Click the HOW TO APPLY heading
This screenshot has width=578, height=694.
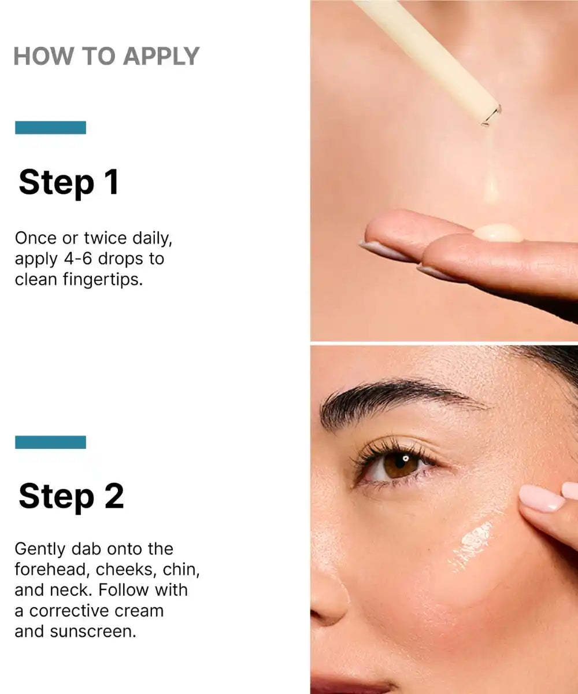pyautogui.click(x=106, y=57)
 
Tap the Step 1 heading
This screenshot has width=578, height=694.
pyautogui.click(x=69, y=182)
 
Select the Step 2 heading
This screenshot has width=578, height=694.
pyautogui.click(x=71, y=496)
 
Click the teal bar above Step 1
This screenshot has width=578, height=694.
pyautogui.click(x=50, y=128)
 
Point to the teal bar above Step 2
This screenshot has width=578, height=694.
pyautogui.click(x=50, y=442)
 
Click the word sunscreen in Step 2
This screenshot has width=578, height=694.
pyautogui.click(x=93, y=632)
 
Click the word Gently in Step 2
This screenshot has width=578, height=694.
pyautogui.click(x=39, y=548)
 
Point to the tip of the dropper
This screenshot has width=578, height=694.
pyautogui.click(x=491, y=116)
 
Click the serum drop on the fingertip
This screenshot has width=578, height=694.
pyautogui.click(x=498, y=232)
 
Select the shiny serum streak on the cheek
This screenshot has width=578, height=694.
pyautogui.click(x=472, y=544)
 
